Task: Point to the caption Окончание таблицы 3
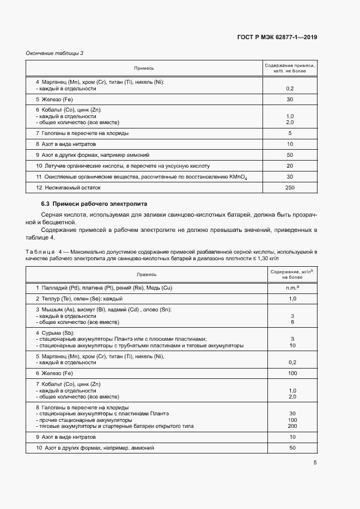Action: click(x=54, y=53)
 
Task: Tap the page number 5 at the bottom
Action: click(x=315, y=463)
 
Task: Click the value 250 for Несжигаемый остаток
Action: click(x=290, y=188)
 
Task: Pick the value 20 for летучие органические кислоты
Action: click(x=290, y=165)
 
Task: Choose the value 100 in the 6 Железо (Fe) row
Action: click(x=292, y=373)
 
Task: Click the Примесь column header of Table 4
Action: click(x=147, y=275)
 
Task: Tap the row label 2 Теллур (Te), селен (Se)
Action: click(x=79, y=299)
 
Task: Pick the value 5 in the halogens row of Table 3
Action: click(x=290, y=133)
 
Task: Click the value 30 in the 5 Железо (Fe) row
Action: click(x=290, y=100)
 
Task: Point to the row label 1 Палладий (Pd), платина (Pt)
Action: click(x=103, y=287)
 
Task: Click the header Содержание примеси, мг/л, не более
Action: click(x=290, y=68)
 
